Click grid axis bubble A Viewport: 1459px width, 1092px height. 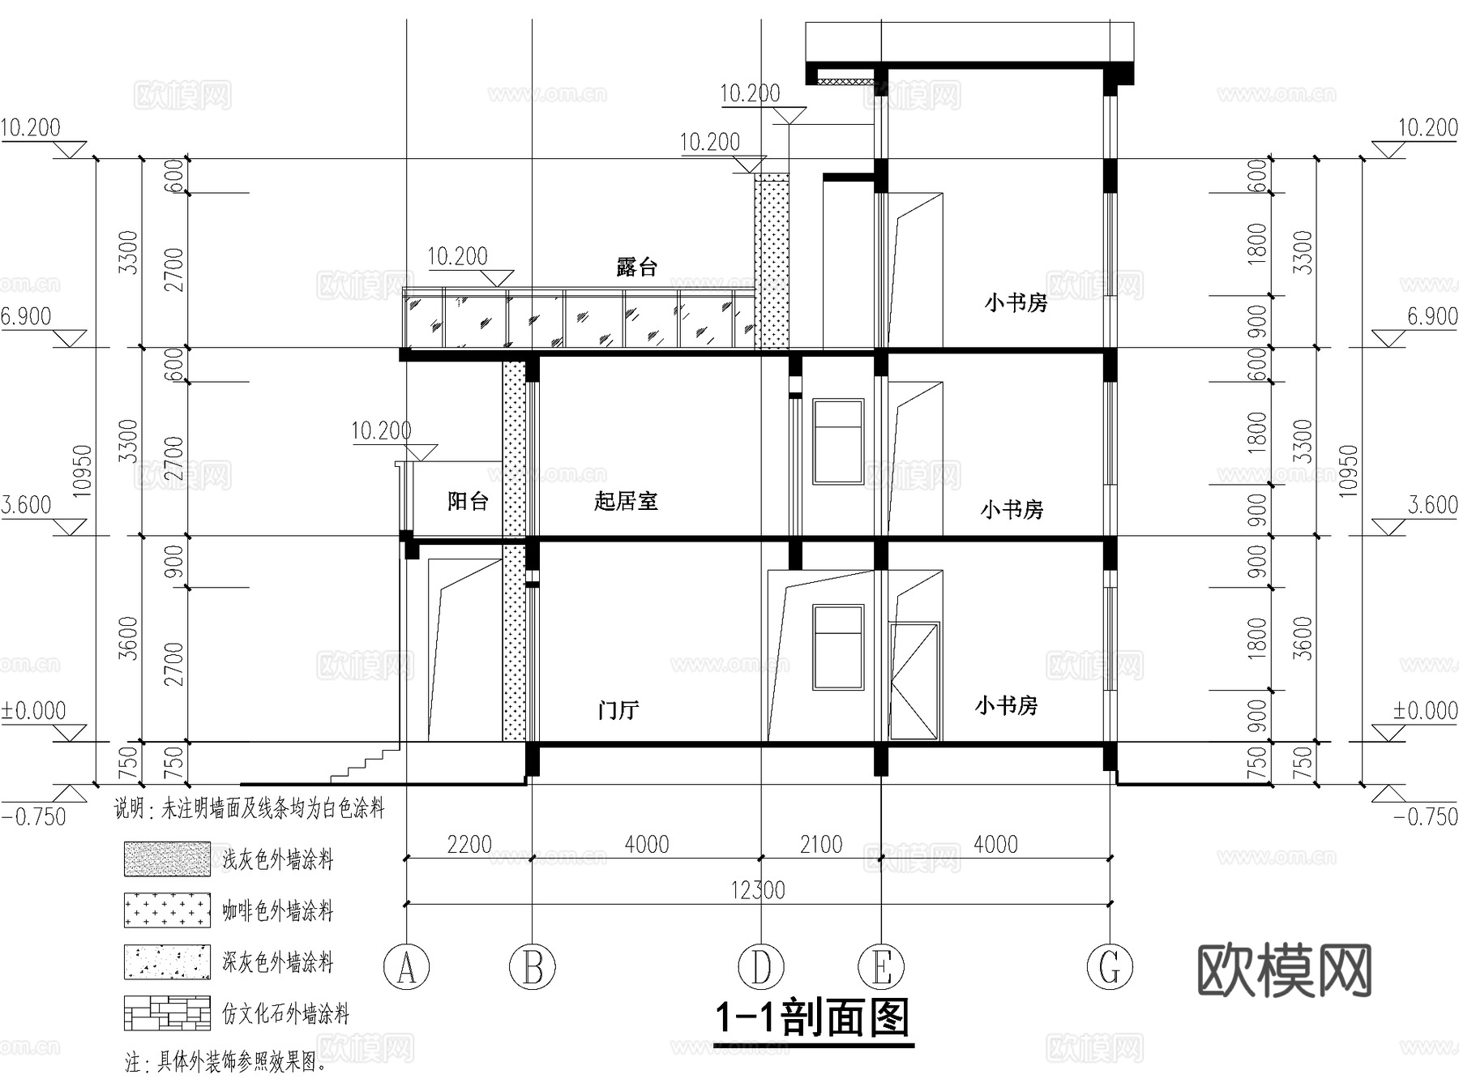tap(406, 966)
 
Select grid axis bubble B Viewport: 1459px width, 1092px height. tap(532, 966)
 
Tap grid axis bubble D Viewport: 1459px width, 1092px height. tap(760, 966)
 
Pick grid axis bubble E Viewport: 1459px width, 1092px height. tap(881, 966)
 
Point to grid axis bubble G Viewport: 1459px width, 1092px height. tap(1110, 966)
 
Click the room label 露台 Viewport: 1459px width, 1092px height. tap(636, 267)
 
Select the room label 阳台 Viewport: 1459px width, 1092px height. tap(468, 501)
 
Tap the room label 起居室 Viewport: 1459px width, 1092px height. tap(625, 501)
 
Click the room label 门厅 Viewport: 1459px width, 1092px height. tap(618, 710)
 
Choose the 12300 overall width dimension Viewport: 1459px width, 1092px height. tap(758, 890)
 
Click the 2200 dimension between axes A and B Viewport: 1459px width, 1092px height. tap(469, 845)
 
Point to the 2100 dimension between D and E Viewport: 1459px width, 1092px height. tap(821, 845)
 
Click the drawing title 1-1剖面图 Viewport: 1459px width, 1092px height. tap(812, 1018)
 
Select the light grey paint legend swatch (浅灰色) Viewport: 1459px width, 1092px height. tap(167, 859)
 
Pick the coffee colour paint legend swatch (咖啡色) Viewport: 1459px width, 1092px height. tap(167, 910)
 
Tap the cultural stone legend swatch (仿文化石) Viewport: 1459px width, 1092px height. tap(167, 1013)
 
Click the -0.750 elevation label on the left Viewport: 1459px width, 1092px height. tap(34, 816)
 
